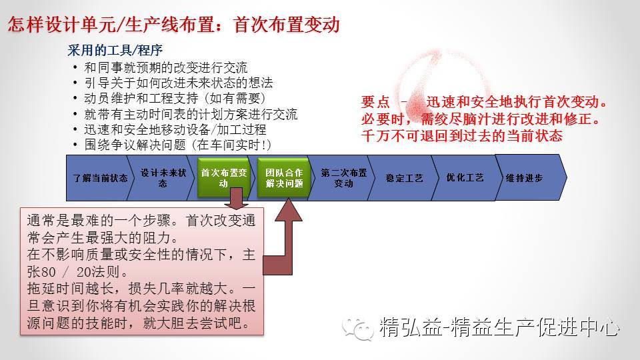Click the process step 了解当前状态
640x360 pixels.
point(100,178)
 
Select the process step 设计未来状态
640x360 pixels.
point(162,178)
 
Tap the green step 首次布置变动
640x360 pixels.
point(223,178)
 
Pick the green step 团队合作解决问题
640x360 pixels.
point(283,178)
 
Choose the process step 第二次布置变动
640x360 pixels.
point(343,178)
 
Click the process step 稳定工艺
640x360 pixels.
point(404,178)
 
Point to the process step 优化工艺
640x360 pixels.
point(465,178)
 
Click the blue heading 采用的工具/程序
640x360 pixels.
point(115,51)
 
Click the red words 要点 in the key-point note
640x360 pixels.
point(375,104)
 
